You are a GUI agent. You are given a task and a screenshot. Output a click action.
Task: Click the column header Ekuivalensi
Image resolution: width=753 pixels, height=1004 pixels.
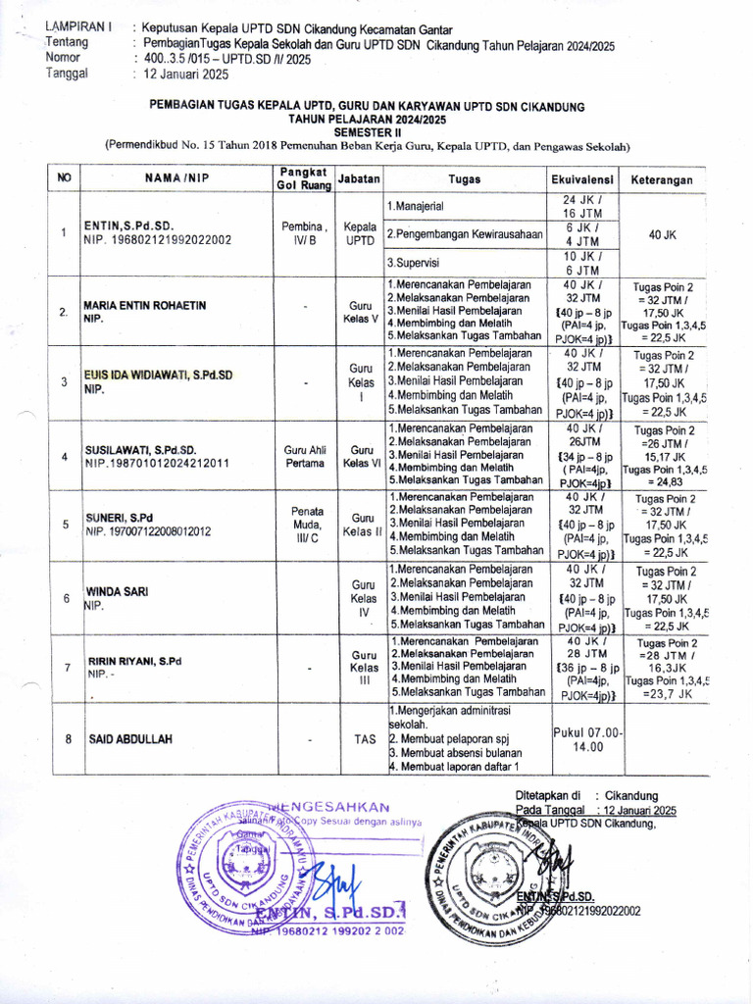(x=581, y=179)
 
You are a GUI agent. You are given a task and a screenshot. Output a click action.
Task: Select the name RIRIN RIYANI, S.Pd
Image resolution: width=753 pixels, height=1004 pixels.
(x=135, y=661)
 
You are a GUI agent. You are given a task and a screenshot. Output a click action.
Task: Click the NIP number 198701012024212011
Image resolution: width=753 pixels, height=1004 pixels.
(x=157, y=463)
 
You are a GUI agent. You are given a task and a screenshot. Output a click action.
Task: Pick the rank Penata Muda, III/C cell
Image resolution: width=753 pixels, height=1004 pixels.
(x=306, y=524)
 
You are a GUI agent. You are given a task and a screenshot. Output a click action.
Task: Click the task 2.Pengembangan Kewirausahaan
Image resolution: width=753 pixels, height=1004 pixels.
(x=466, y=233)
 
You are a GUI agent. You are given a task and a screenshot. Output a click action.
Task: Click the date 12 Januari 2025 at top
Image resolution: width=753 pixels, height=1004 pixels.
(x=186, y=73)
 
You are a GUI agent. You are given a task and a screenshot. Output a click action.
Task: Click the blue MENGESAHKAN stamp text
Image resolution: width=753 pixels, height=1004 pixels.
(x=332, y=806)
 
